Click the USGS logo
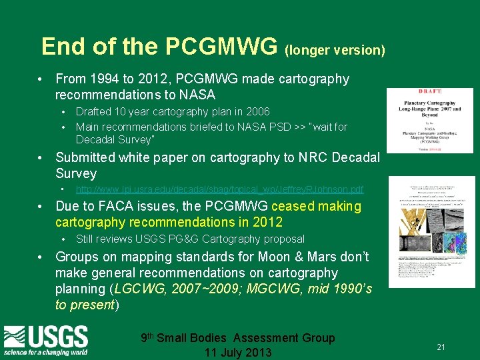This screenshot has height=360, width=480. pos(46,340)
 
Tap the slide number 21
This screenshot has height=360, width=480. pos(441,347)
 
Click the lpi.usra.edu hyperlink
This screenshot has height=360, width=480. pos(220,190)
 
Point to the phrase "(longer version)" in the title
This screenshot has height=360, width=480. pos(335,50)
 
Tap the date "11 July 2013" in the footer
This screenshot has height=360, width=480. pos(238,353)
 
